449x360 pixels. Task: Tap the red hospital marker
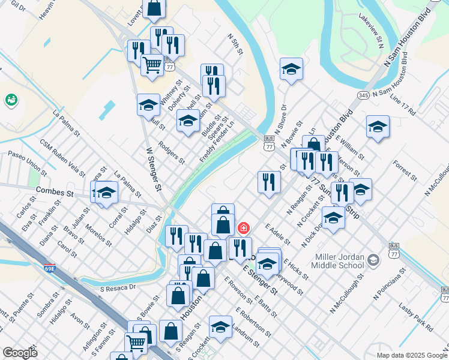pyautogui.click(x=244, y=228)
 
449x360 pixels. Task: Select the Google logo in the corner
pyautogui.click(x=20, y=352)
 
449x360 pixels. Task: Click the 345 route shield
pyautogui.click(x=363, y=95)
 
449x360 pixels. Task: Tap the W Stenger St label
pyautogui.click(x=154, y=170)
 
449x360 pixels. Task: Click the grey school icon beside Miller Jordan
pyautogui.click(x=373, y=260)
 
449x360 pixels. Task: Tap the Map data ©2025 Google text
pyautogui.click(x=412, y=355)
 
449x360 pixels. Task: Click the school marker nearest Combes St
pyautogui.click(x=106, y=193)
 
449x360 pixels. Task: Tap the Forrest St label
pyautogui.click(x=405, y=170)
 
